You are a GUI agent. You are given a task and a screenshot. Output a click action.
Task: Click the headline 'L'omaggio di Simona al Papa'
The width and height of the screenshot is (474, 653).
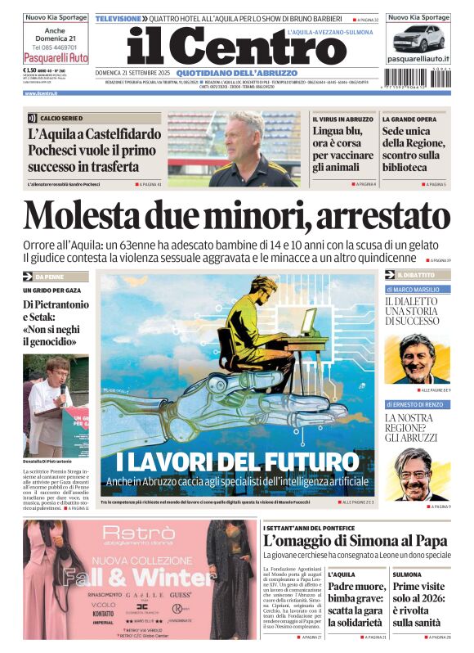point(355,540)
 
